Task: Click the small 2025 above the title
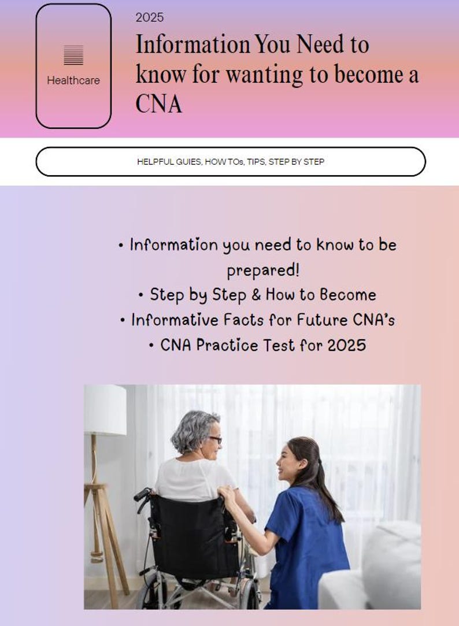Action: click(x=149, y=18)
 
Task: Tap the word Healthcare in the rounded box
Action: click(x=73, y=81)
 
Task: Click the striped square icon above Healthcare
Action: click(x=73, y=55)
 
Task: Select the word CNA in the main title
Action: click(x=158, y=105)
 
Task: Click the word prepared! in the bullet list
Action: click(x=263, y=270)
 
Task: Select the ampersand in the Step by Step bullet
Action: click(x=256, y=295)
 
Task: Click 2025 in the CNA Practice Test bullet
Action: click(x=346, y=345)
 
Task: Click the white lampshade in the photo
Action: click(x=105, y=410)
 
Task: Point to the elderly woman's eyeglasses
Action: click(x=214, y=440)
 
